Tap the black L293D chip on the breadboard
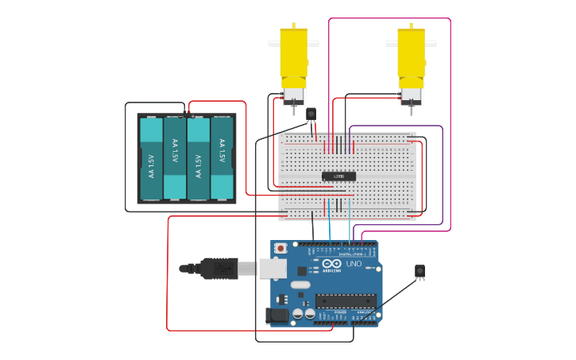[x=338, y=176]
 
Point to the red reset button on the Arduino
[x=280, y=249]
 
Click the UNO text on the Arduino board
[x=354, y=264]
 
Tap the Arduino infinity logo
[x=331, y=264]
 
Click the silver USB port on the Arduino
[x=273, y=269]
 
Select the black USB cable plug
[x=218, y=269]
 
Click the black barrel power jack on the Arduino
[x=276, y=315]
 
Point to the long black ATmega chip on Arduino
[x=346, y=300]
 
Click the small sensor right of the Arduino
[x=419, y=271]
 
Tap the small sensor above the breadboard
[x=311, y=114]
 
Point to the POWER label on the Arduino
[x=340, y=313]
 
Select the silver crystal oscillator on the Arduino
[x=300, y=284]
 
